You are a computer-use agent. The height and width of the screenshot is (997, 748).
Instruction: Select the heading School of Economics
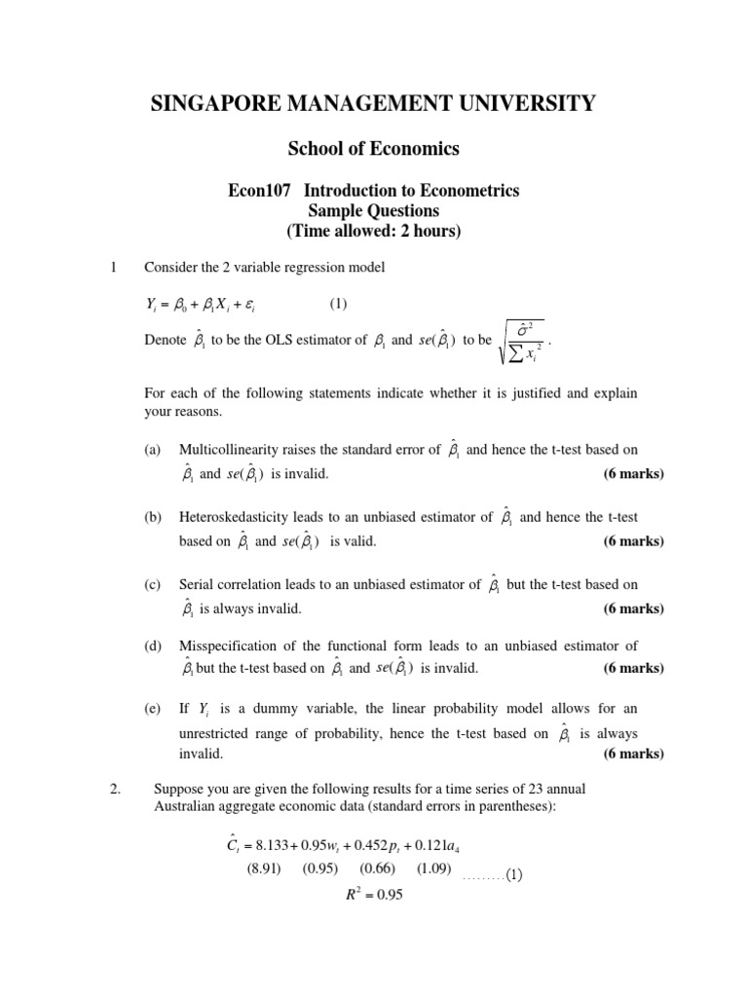click(x=373, y=149)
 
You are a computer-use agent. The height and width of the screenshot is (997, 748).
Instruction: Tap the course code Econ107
click(x=258, y=191)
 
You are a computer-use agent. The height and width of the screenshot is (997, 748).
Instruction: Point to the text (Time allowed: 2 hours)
click(x=373, y=231)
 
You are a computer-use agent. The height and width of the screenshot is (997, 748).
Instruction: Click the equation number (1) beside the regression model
click(x=337, y=304)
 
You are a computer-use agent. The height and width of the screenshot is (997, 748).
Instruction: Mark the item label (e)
click(x=152, y=710)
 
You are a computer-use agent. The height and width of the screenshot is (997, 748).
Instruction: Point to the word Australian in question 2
click(x=188, y=805)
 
